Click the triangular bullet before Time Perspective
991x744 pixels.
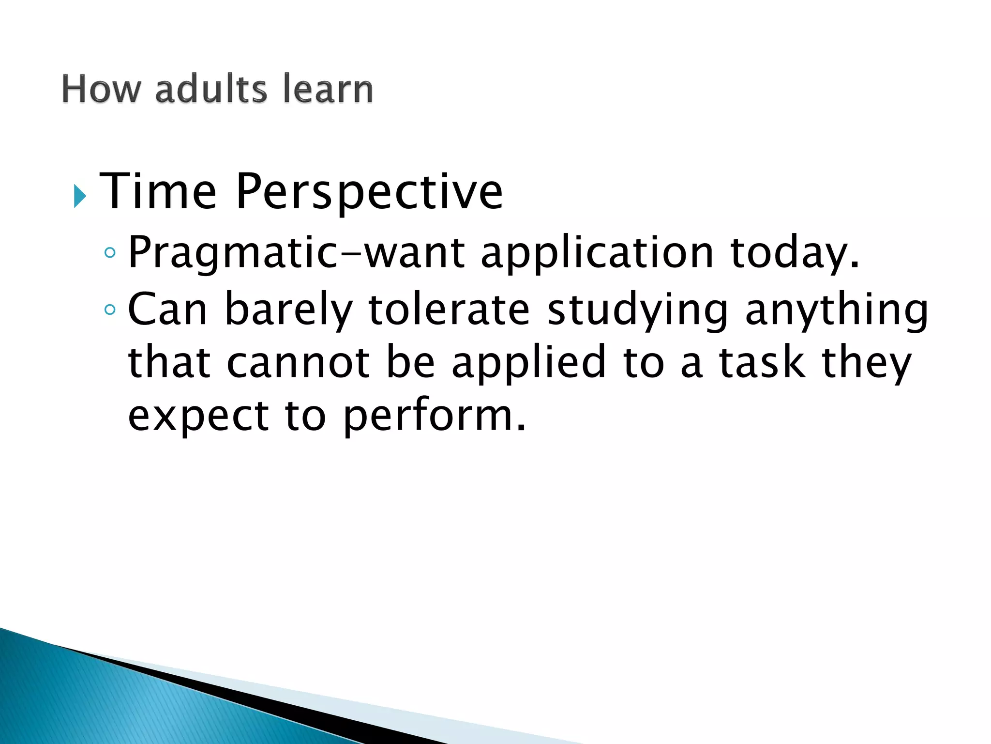click(x=80, y=196)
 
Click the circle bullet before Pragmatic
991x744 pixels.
click(x=110, y=253)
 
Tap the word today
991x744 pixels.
click(x=794, y=254)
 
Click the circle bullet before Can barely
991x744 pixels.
click(x=110, y=310)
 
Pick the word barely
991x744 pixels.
click(x=288, y=310)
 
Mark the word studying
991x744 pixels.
click(x=638, y=310)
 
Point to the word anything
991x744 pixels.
click(x=837, y=310)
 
